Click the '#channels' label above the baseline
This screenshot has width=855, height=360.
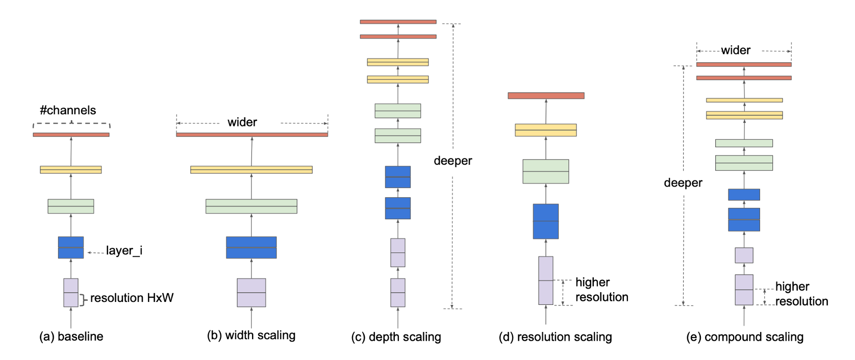(68, 110)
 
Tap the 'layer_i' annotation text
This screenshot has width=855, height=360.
(124, 250)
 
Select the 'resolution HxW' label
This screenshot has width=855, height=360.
(132, 298)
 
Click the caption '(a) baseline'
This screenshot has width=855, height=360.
(71, 337)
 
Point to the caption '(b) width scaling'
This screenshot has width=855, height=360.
(251, 335)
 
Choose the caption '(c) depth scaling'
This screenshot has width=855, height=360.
(396, 337)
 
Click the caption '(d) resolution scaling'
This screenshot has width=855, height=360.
(556, 337)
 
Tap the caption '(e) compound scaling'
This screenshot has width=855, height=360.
(745, 337)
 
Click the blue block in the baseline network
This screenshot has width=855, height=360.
(71, 247)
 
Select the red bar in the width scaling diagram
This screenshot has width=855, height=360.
(252, 135)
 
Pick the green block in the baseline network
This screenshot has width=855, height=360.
(71, 207)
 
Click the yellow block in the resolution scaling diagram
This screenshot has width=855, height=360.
(546, 130)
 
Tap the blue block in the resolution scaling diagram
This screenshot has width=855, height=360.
(546, 222)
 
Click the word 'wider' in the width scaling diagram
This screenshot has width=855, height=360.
(242, 122)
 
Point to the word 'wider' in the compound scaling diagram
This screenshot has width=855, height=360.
(736, 50)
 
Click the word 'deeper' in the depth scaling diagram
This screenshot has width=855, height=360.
(452, 161)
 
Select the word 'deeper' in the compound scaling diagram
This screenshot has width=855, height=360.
(683, 183)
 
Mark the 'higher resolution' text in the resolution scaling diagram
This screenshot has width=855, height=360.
(601, 290)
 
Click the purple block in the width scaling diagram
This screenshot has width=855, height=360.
(252, 293)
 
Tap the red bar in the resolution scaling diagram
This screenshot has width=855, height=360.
(546, 96)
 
